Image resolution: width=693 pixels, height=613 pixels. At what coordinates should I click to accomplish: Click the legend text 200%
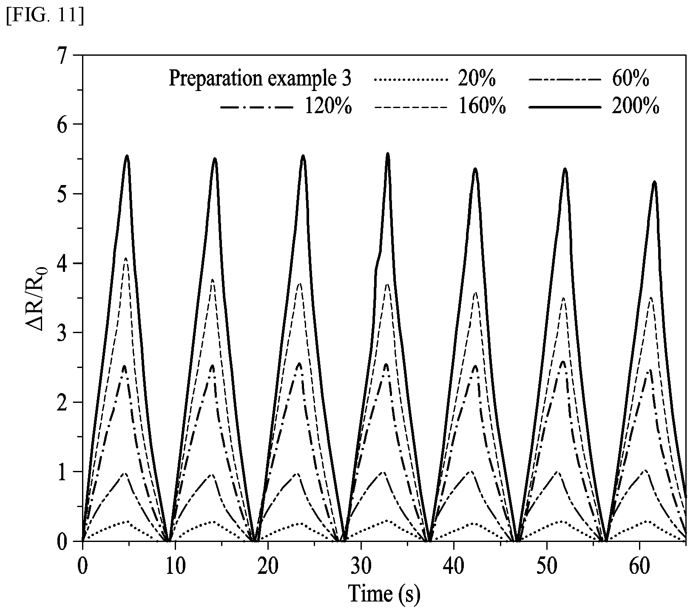[635, 107]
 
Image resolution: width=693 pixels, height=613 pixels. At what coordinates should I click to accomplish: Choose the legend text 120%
[328, 107]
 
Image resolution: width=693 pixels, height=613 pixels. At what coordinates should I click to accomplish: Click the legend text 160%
[482, 107]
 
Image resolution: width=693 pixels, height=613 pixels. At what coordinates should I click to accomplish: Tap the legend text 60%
[630, 79]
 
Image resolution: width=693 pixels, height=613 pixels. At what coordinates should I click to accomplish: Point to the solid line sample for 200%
[564, 108]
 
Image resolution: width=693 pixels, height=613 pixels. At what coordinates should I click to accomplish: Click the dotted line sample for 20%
[411, 80]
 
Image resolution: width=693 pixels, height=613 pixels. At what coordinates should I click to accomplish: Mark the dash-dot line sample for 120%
[256, 108]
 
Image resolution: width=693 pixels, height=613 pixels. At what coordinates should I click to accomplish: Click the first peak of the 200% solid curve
[127, 156]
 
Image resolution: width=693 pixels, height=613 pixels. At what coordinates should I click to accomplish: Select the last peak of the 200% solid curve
[654, 182]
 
